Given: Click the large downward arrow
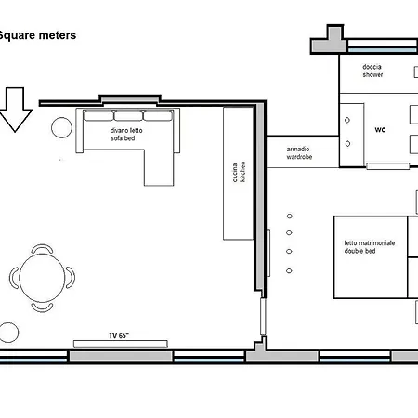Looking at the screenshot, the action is [x=15, y=110].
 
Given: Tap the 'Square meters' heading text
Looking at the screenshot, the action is [x=37, y=35].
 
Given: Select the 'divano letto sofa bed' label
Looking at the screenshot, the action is [x=126, y=135].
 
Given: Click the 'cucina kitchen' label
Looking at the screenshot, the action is [x=239, y=172].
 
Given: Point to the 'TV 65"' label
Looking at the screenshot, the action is [x=119, y=335].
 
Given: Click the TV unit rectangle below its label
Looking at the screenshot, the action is [x=121, y=344].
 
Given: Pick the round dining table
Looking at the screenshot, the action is [x=42, y=278].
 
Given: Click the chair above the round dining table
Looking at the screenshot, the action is [x=42, y=249].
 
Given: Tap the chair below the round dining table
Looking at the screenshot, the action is [x=42, y=307].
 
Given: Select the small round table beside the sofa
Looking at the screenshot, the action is [x=61, y=127].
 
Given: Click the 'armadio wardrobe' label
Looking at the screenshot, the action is [x=299, y=153].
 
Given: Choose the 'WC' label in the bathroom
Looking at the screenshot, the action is [x=380, y=129].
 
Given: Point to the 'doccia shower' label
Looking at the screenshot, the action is [x=372, y=71].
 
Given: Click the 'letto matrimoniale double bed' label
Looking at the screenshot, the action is [x=370, y=247].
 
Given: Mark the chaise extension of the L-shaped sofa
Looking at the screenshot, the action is [x=159, y=167].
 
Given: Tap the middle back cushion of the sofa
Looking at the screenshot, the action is [x=128, y=116].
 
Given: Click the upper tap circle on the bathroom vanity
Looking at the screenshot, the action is [x=347, y=120].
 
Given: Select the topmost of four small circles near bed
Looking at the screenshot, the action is [x=290, y=216].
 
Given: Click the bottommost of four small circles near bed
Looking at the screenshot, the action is [x=289, y=271].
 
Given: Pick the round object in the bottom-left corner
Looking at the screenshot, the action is [x=8, y=333].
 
